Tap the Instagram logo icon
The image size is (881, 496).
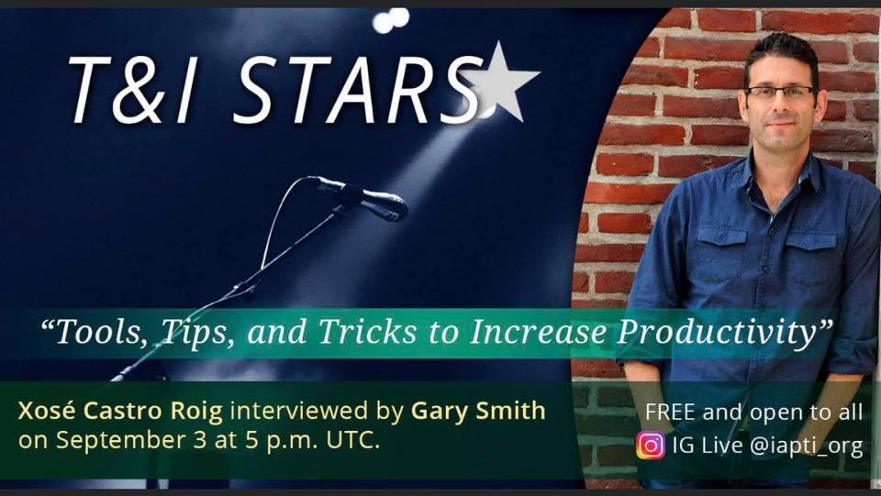651,446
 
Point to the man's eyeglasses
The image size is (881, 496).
782,92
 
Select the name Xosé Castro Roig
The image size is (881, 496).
120,412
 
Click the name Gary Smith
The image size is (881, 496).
478,412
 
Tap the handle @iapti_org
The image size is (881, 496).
807,446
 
